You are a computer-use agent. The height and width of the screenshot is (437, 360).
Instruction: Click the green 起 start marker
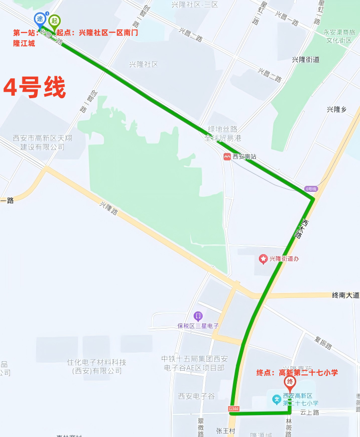click(55, 21)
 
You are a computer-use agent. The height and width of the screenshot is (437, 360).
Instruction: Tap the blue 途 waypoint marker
click(40, 19)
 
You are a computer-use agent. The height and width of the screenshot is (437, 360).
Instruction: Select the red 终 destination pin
click(289, 383)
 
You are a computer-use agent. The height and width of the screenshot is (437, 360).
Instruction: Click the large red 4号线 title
click(34, 88)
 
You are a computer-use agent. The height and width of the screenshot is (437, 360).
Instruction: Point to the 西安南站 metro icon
click(227, 156)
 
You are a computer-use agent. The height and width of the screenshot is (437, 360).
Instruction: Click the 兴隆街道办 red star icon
click(263, 259)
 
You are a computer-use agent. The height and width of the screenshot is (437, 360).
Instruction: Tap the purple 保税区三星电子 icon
click(198, 316)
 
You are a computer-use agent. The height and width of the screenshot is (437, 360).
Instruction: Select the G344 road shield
click(234, 409)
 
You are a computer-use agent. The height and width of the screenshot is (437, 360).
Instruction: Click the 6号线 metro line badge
click(311, 189)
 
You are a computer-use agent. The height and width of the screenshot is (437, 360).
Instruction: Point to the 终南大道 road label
click(345, 295)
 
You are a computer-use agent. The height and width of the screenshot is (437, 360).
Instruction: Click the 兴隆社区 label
click(143, 64)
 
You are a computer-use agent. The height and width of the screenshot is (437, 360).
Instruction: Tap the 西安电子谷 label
click(196, 396)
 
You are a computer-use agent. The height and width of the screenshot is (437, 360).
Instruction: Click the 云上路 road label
click(309, 413)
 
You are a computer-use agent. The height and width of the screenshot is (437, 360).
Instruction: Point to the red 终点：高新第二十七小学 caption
click(297, 372)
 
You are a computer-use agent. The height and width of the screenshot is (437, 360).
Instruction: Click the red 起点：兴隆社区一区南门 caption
click(97, 33)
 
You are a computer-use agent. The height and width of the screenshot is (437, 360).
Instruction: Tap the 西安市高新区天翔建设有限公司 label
click(42, 142)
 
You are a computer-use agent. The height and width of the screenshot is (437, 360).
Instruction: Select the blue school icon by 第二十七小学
click(275, 399)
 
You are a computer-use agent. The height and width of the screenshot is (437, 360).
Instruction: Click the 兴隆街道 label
click(306, 60)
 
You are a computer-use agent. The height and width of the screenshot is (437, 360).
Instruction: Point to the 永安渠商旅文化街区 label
click(338, 36)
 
